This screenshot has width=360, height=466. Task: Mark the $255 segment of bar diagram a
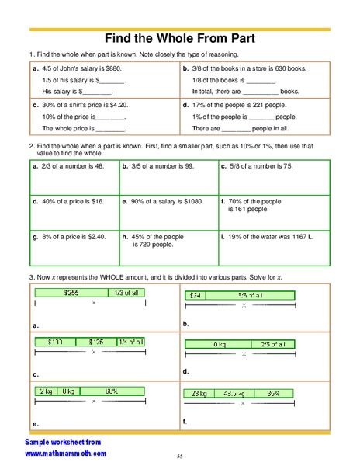point(72,292)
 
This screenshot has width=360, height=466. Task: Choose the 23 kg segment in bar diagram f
point(199,393)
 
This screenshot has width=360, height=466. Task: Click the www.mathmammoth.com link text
point(71,452)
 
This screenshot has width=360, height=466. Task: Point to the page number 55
point(179,456)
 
